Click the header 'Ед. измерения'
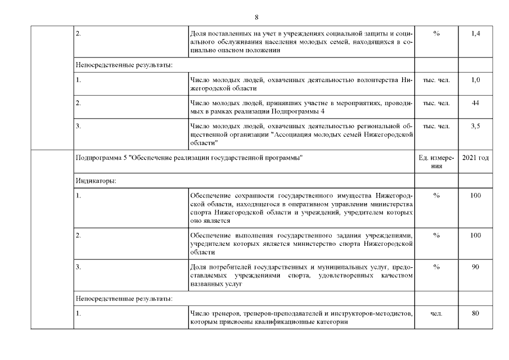436,162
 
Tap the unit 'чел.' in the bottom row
436,313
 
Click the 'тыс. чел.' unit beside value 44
436,103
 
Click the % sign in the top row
436,34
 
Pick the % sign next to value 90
436,267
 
